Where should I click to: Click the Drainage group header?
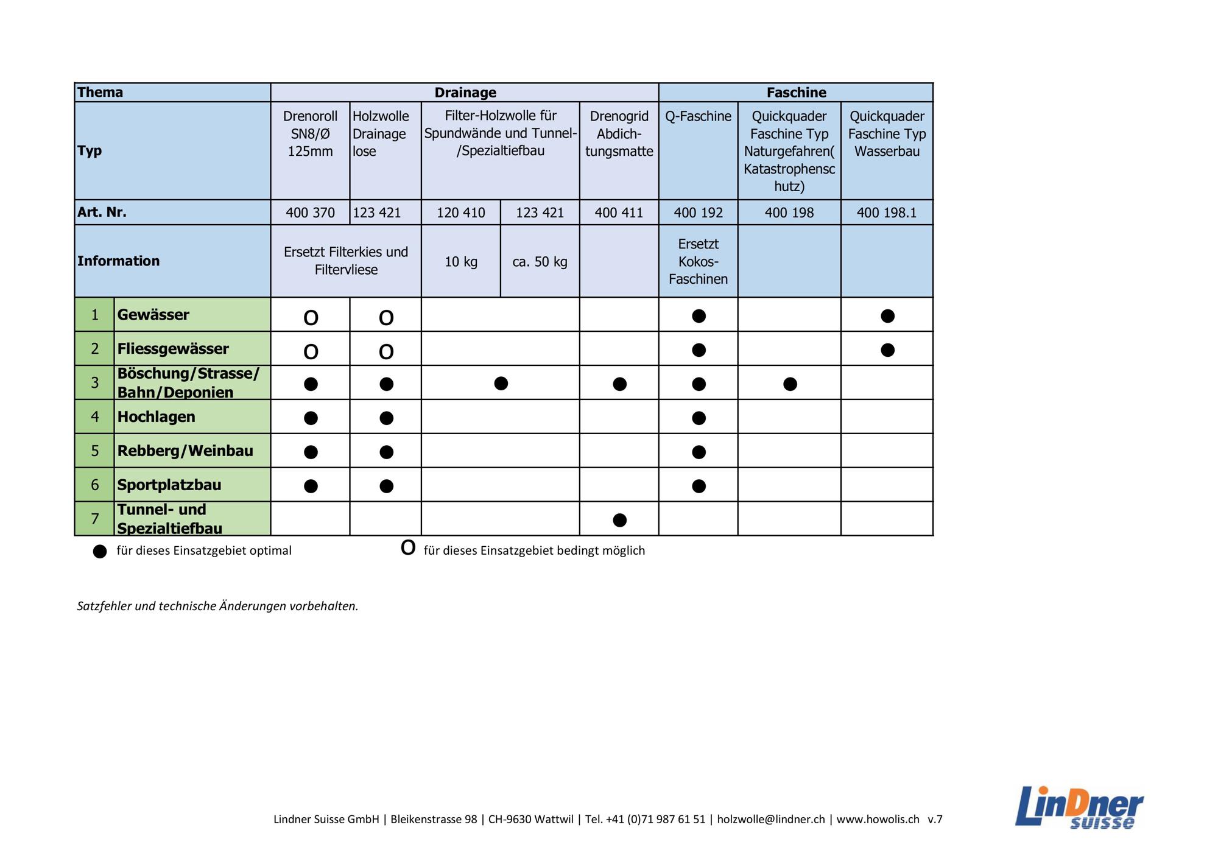465,93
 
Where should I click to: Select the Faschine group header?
796,93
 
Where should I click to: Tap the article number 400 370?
310,213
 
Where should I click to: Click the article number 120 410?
460,213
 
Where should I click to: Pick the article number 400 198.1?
886,213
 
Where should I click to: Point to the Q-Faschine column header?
698,116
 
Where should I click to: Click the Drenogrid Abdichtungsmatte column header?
619,134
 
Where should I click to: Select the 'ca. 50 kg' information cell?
540,262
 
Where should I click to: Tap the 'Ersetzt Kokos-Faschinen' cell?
698,261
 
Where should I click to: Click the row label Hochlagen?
157,417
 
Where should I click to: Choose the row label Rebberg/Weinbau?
185,451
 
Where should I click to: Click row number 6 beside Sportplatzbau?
94,485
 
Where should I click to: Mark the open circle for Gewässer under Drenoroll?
311,317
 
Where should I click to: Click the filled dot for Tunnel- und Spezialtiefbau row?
619,520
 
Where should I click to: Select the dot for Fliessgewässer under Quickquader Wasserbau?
887,350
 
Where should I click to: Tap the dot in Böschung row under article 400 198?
790,384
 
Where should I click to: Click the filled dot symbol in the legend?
100,551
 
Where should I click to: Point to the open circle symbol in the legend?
408,548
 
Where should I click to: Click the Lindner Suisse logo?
1079,807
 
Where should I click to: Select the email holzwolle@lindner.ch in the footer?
770,820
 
